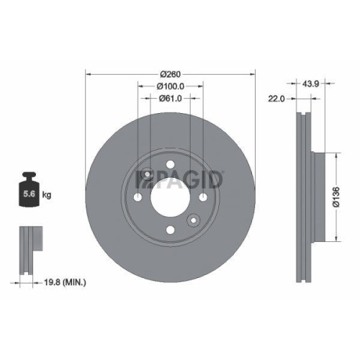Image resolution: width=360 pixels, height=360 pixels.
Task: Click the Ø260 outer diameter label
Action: (x=170, y=74)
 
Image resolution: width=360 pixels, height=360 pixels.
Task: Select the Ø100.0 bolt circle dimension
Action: (x=170, y=86)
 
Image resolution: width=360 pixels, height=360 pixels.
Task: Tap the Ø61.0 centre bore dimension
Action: (x=170, y=99)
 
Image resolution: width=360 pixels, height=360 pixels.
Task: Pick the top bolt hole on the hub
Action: (x=171, y=165)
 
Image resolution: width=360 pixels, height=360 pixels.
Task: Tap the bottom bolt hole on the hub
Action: (x=171, y=230)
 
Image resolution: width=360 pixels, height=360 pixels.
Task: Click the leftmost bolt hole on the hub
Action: (x=138, y=197)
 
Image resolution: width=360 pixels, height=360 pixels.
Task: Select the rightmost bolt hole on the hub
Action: (x=203, y=197)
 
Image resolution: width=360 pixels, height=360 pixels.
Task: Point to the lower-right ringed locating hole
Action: (x=193, y=220)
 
